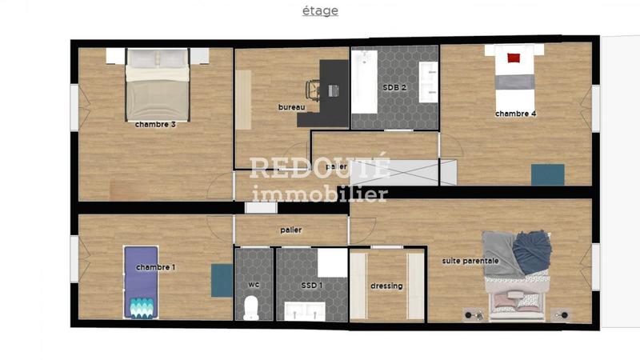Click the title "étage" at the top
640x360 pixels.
click(x=320, y=11)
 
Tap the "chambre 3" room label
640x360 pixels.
click(x=155, y=124)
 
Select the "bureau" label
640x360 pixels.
click(x=291, y=107)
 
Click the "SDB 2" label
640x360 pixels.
click(x=395, y=87)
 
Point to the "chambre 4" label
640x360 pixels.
click(x=515, y=114)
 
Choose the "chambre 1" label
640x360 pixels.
click(x=155, y=267)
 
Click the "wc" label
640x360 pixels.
click(x=253, y=285)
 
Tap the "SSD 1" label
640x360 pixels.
click(x=311, y=285)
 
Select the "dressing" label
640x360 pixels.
click(x=386, y=286)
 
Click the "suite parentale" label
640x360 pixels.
click(x=470, y=261)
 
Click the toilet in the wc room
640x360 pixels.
click(x=251, y=307)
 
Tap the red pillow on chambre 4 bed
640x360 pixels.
click(x=513, y=57)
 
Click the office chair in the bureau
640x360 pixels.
click(x=314, y=91)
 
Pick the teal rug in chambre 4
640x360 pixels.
click(x=548, y=174)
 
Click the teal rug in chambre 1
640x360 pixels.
click(x=222, y=280)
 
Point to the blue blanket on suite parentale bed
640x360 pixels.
click(x=532, y=250)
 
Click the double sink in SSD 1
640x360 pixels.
click(x=305, y=310)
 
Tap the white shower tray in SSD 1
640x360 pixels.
click(x=332, y=262)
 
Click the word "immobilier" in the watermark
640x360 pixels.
click(x=319, y=194)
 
